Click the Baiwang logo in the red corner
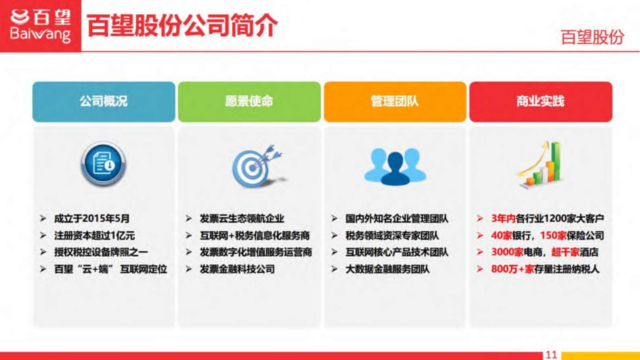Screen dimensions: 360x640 point(40,25)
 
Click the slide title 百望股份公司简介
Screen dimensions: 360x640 point(182,25)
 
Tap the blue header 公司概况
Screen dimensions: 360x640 point(104,101)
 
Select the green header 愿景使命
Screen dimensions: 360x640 point(249,101)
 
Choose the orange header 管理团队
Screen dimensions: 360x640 point(395,101)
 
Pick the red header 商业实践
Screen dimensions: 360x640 point(540,101)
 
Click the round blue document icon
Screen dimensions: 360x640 point(103,164)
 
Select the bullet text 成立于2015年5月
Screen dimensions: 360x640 point(92,219)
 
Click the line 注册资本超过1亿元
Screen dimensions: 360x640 point(94,236)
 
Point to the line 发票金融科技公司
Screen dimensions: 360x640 point(237,269)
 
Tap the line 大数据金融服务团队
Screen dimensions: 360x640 point(387,269)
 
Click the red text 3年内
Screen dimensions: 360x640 point(503,219)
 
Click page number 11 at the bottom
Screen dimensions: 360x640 point(551,355)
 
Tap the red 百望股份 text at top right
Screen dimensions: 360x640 point(592,38)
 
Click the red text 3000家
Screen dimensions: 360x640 point(507,252)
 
